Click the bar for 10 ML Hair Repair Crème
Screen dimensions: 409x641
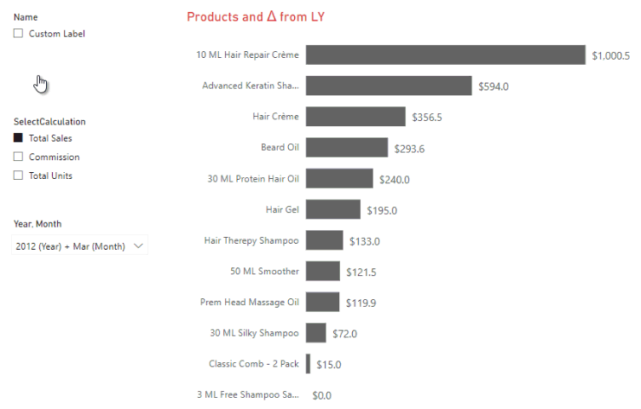click(x=446, y=55)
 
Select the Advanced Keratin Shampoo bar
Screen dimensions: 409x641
click(x=389, y=86)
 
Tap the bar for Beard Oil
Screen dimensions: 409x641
click(x=347, y=147)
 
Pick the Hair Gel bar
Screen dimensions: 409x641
click(x=333, y=210)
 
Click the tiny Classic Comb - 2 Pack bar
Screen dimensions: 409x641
click(x=309, y=364)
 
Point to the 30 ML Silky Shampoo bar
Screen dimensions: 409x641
click(x=316, y=333)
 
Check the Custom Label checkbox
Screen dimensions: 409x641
click(x=18, y=34)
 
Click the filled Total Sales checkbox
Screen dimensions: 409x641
click(x=18, y=138)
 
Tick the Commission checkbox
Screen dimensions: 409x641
click(x=18, y=157)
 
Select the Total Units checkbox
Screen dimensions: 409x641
click(x=18, y=176)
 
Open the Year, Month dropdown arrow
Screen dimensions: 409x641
click(x=140, y=246)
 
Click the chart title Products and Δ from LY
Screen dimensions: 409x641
click(x=256, y=17)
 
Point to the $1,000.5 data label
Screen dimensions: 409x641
click(x=610, y=56)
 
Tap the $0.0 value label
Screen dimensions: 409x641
click(x=321, y=395)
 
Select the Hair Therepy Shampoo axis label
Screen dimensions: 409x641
click(x=251, y=240)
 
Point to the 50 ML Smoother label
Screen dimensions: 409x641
click(x=264, y=271)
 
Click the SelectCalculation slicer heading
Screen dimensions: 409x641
click(x=49, y=122)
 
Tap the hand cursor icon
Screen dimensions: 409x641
click(x=41, y=84)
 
